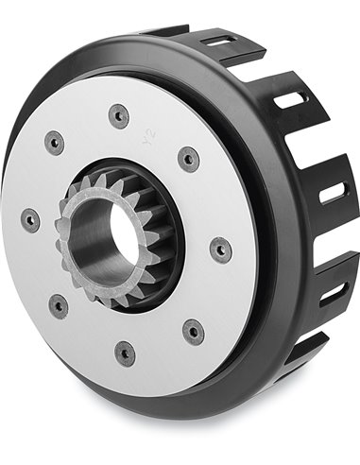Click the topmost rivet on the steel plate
tap(119, 116)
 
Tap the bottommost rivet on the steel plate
tap(125, 353)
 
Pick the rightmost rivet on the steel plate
tap(220, 250)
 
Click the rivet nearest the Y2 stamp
tap(189, 158)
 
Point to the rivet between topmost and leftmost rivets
tap(55, 143)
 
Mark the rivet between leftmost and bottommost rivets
tap(59, 306)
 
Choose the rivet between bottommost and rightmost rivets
tap(194, 331)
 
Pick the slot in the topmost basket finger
tap(219, 42)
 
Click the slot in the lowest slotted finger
tap(333, 292)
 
